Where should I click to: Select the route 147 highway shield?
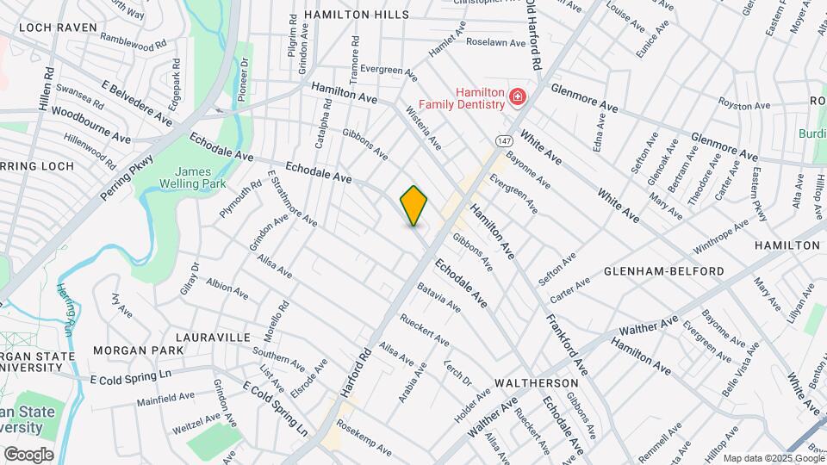point(504,139)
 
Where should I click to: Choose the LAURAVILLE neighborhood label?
point(213,337)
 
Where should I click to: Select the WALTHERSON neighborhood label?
point(536,382)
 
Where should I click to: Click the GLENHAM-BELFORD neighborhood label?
point(663,271)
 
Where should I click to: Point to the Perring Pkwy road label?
point(126,179)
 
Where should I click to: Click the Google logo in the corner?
point(28,455)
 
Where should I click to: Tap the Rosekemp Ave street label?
point(364,439)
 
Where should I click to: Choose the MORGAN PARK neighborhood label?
point(138,350)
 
